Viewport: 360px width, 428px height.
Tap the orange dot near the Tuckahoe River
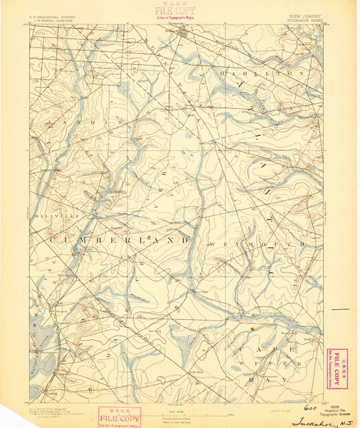(x=252, y=329)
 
